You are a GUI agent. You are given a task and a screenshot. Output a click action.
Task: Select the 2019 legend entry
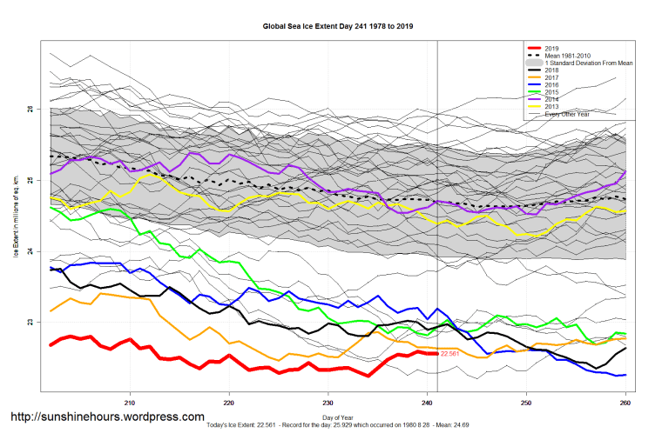click(x=551, y=48)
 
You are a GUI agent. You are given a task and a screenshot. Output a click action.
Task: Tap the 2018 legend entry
click(x=551, y=71)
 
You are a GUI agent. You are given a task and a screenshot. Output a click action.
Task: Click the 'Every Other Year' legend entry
click(x=565, y=114)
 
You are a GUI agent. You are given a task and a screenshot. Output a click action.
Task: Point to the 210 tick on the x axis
click(x=130, y=403)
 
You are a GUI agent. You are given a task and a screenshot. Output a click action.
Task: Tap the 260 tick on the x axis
click(x=625, y=403)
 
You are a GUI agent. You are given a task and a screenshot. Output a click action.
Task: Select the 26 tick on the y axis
click(x=30, y=109)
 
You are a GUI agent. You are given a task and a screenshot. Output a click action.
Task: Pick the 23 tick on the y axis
click(x=30, y=323)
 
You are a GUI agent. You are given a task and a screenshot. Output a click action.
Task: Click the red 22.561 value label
click(x=449, y=355)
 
